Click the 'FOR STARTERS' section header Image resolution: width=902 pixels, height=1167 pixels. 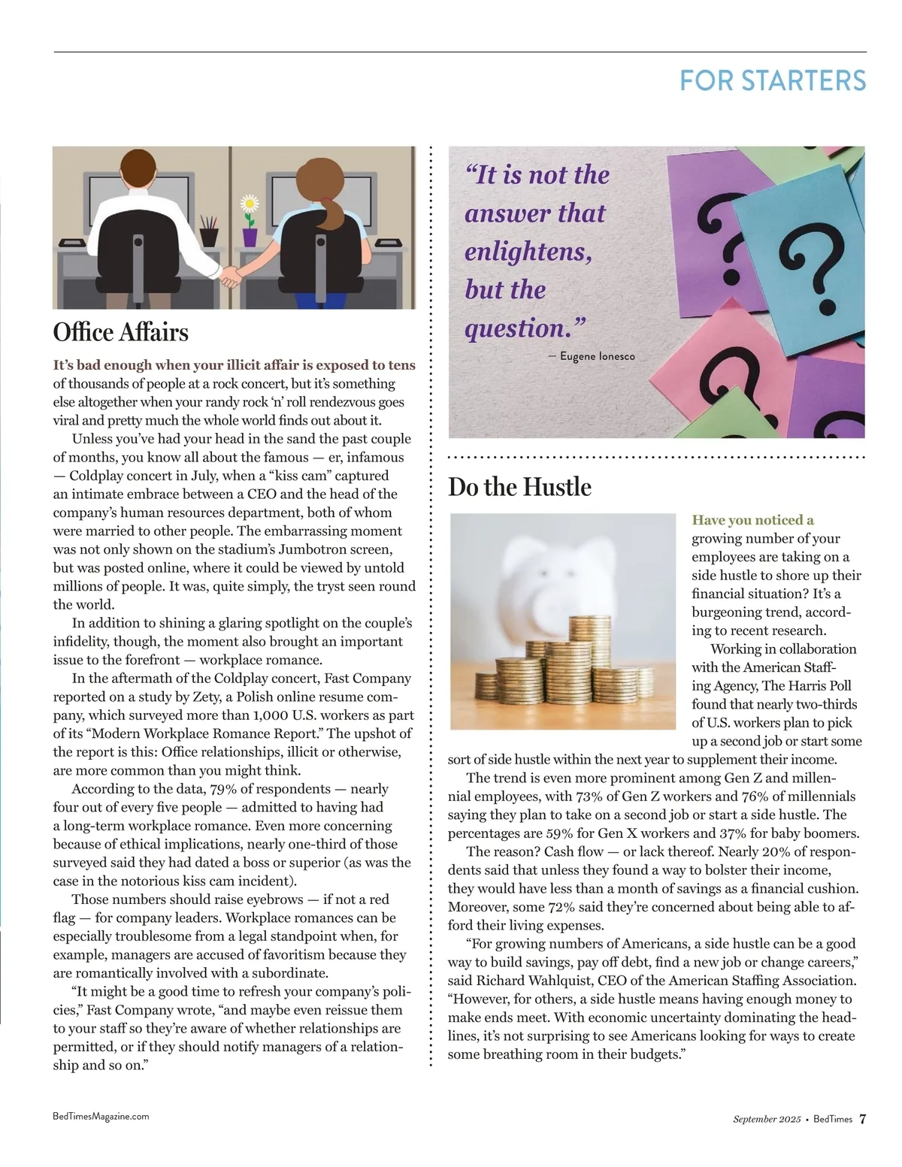click(772, 81)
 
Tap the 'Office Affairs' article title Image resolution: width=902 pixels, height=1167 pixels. click(121, 332)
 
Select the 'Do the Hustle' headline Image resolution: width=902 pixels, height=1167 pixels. click(519, 487)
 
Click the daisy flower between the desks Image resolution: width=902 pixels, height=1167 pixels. click(250, 204)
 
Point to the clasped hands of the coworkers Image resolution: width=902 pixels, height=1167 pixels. click(231, 277)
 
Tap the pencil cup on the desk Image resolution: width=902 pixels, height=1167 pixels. click(209, 234)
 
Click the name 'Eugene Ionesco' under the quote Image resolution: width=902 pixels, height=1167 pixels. click(597, 356)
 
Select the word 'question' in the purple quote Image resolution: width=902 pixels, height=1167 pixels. click(516, 328)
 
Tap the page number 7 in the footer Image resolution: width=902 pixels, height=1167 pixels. click(863, 1119)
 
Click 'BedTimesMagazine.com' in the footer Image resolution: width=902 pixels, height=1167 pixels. click(101, 1117)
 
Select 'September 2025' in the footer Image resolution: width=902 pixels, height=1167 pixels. click(767, 1119)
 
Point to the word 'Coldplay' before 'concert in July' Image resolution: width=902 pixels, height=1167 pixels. click(97, 476)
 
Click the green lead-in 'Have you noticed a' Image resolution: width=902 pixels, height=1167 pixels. click(752, 520)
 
